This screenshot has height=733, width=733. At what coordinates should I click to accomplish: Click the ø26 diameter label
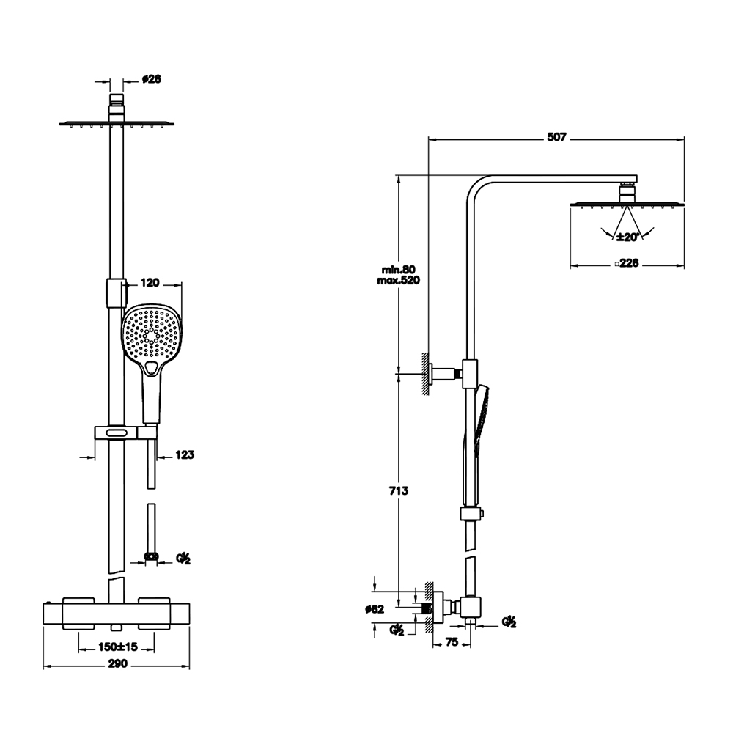152,79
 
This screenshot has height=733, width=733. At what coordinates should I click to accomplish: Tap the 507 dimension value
557,137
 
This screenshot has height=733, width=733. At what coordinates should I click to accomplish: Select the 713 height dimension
399,490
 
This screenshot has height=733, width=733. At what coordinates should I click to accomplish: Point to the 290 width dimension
117,663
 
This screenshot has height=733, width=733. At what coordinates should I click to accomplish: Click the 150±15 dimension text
118,647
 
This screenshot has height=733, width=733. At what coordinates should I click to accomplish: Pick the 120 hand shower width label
150,282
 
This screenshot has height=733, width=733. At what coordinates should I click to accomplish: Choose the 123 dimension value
185,454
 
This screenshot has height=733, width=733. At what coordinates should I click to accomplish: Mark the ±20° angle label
627,237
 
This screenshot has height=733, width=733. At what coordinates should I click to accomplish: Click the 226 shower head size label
627,263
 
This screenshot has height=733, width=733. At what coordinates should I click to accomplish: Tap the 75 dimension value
452,642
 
